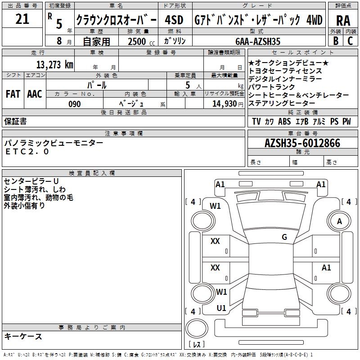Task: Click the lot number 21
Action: (22, 19)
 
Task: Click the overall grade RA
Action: (343, 21)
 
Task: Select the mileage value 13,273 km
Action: (54, 65)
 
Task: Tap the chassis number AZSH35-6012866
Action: (302, 143)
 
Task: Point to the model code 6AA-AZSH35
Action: (258, 41)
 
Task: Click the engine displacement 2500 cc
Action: (141, 41)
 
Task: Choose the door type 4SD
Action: (174, 20)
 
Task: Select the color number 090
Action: (74, 104)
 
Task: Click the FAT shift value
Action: (13, 94)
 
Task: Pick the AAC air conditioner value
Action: (35, 94)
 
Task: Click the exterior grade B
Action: (336, 41)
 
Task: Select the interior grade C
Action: (350, 41)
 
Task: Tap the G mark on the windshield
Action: (284, 237)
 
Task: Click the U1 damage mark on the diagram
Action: (221, 308)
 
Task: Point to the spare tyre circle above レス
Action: (197, 328)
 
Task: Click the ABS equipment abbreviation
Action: (284, 121)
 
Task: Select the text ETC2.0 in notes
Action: (27, 152)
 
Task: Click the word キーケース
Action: (23, 336)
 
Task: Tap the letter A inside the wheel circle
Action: (339, 221)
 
